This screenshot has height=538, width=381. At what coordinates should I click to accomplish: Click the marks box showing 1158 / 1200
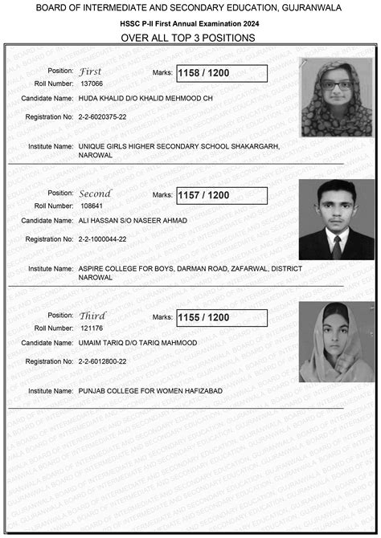point(221,73)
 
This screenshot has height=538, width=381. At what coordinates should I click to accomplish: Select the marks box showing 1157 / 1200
point(221,195)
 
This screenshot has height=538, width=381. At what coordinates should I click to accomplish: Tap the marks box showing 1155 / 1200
point(221,318)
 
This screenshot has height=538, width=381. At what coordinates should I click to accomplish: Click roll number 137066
point(92,84)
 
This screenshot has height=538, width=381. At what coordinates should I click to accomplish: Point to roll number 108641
point(92,206)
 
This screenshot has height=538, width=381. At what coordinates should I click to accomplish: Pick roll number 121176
point(92,328)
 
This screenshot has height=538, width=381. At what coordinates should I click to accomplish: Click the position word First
point(90,71)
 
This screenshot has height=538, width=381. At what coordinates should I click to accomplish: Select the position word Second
point(95,194)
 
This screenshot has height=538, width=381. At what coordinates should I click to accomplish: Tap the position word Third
point(92,316)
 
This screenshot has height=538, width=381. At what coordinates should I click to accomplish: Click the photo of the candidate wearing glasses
point(337,96)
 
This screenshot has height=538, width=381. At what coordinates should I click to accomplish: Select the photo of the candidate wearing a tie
point(336,219)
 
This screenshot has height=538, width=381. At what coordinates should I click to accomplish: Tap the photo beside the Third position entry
point(336,341)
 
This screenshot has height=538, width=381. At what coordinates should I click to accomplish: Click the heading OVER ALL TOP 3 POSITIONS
point(188,38)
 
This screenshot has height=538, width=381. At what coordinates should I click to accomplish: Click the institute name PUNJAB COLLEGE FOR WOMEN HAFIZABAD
point(150,391)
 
